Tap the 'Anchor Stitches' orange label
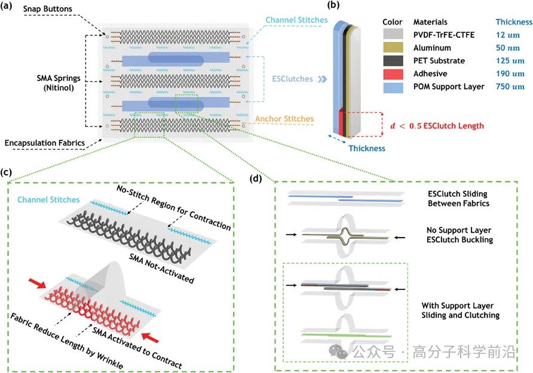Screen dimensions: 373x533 click(283, 118)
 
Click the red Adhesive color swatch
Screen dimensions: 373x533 click(392, 73)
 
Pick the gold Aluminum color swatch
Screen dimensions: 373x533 click(392, 48)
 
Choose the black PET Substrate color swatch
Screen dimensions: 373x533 click(392, 61)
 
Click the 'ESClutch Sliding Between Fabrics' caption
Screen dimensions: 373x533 click(458, 199)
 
